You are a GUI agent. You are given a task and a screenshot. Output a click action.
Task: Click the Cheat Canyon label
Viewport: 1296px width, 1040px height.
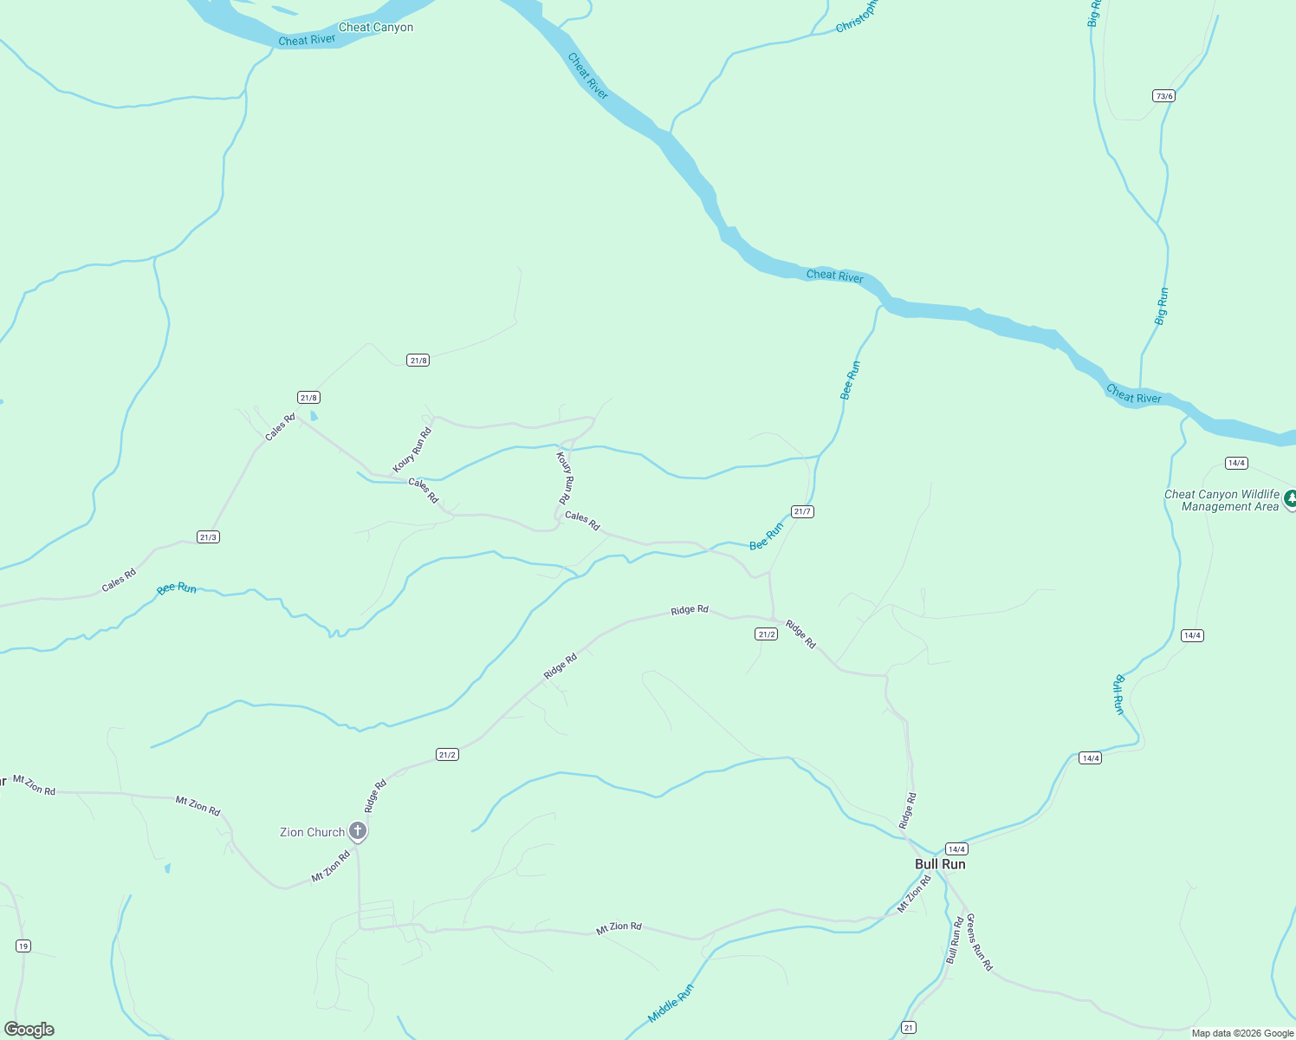click(376, 28)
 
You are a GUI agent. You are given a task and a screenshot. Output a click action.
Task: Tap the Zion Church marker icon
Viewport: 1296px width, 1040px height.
click(358, 831)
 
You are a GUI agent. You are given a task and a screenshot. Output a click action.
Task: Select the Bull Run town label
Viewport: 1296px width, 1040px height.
click(940, 864)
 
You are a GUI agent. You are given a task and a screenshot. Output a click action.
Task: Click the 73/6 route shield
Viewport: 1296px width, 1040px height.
click(1163, 96)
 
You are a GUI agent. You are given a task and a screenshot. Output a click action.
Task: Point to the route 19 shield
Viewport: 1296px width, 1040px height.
click(23, 946)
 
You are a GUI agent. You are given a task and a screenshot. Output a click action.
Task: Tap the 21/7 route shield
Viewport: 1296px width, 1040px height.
click(802, 511)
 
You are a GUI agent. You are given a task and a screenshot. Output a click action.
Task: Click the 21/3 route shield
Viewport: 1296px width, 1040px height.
click(208, 537)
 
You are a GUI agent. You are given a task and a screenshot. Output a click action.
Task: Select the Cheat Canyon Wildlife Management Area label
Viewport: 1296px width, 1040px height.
click(1221, 501)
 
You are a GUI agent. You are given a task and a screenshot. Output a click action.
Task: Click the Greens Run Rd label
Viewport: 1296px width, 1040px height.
click(980, 942)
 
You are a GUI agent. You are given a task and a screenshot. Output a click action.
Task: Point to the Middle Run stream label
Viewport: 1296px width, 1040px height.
click(671, 1003)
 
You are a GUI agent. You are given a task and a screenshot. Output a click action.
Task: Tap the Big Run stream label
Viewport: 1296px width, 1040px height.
click(1162, 307)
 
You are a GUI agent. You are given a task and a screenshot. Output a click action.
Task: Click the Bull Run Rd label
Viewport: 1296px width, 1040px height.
click(955, 940)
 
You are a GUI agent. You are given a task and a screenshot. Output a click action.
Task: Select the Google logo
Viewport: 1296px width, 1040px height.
click(29, 1030)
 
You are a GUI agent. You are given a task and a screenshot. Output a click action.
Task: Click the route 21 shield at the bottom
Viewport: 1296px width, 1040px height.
click(908, 1028)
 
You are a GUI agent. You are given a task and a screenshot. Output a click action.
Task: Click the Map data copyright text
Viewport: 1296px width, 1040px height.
click(1242, 1033)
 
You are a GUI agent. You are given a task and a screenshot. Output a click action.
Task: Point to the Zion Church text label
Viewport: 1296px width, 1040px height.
click(312, 832)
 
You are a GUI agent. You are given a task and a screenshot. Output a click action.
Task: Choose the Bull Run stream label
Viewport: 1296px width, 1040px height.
click(1118, 694)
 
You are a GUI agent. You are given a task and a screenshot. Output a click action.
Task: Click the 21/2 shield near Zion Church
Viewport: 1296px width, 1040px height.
click(447, 755)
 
